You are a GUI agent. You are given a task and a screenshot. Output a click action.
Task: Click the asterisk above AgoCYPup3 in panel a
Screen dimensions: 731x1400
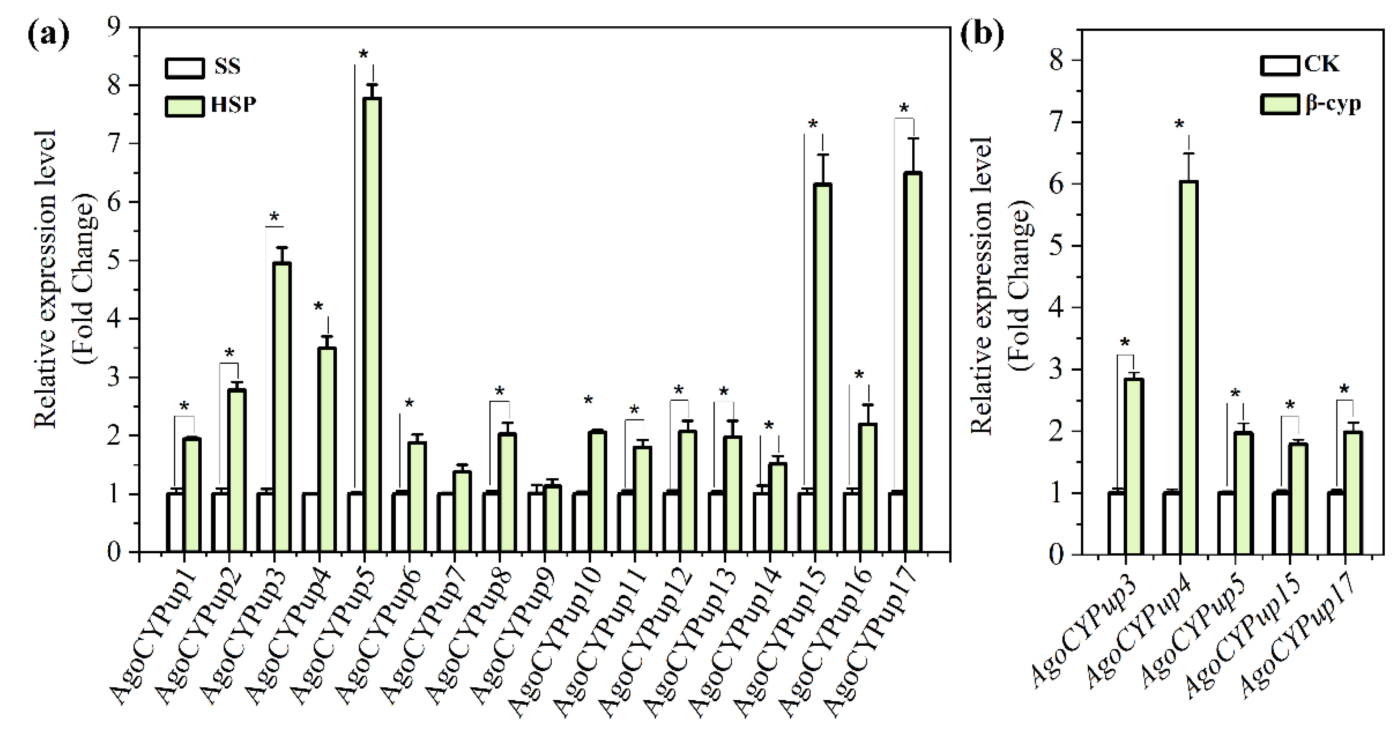pos(274,218)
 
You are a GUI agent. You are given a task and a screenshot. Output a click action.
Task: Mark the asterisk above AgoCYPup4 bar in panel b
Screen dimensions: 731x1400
pos(1179,125)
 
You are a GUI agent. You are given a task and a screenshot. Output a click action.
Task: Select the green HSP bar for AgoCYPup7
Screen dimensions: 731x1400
pos(463,511)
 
